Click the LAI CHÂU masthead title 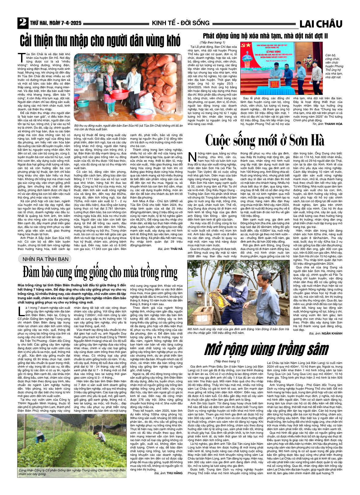click(x=321, y=24)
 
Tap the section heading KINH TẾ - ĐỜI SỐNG click(x=181, y=23)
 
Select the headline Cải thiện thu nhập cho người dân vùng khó click(x=100, y=40)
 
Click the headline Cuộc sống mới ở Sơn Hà click(x=264, y=141)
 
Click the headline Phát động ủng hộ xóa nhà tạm click(x=265, y=36)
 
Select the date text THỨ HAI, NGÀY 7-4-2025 click(x=56, y=23)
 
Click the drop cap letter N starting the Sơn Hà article click(x=192, y=157)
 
